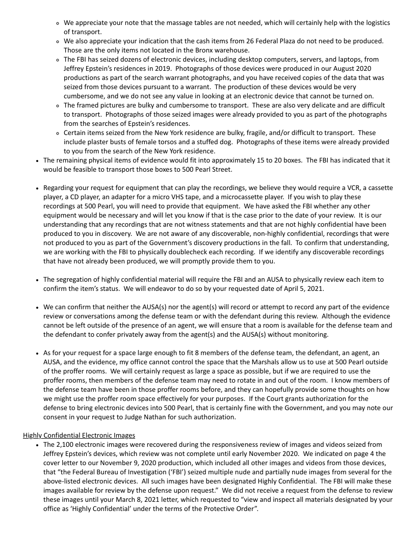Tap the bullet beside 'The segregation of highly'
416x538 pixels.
point(38,280)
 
